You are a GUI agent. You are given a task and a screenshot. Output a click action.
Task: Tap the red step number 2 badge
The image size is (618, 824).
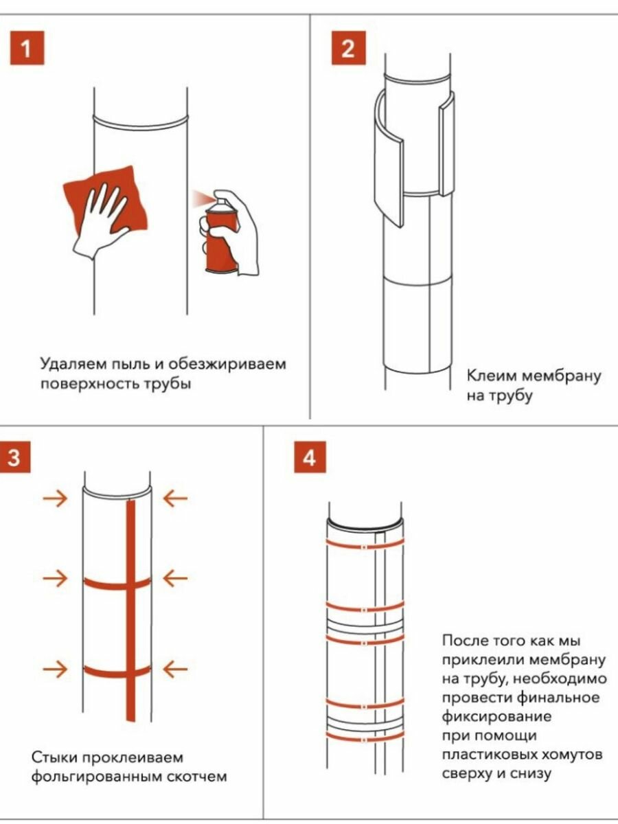348,49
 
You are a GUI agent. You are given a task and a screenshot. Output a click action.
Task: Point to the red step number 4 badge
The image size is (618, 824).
310,458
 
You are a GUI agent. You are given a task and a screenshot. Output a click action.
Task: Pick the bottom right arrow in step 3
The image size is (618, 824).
175,667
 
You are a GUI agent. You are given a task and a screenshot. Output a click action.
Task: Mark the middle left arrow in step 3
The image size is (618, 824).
55,579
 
